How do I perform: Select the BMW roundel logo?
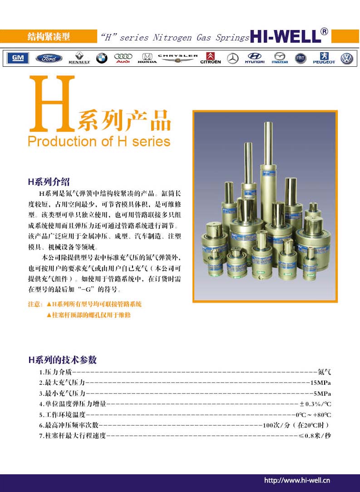pyautogui.click(x=102, y=58)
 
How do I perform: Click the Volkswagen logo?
pyautogui.click(x=347, y=58)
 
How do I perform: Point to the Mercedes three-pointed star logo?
pyautogui.click(x=233, y=58)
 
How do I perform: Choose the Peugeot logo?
pyautogui.click(x=324, y=58)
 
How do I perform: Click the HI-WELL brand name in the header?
pyautogui.click(x=285, y=37)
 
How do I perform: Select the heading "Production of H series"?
pyautogui.click(x=99, y=141)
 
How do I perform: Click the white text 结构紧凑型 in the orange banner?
pyautogui.click(x=49, y=37)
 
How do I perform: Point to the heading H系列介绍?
pyautogui.click(x=49, y=183)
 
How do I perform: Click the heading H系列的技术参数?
pyautogui.click(x=63, y=360)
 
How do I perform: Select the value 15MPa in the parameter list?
pyautogui.click(x=321, y=382)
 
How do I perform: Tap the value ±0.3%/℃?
pyautogui.click(x=315, y=403)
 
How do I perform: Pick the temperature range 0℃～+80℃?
pyautogui.click(x=313, y=414)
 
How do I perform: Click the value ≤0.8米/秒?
pyautogui.click(x=315, y=436)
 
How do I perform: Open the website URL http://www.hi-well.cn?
pyautogui.click(x=297, y=480)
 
